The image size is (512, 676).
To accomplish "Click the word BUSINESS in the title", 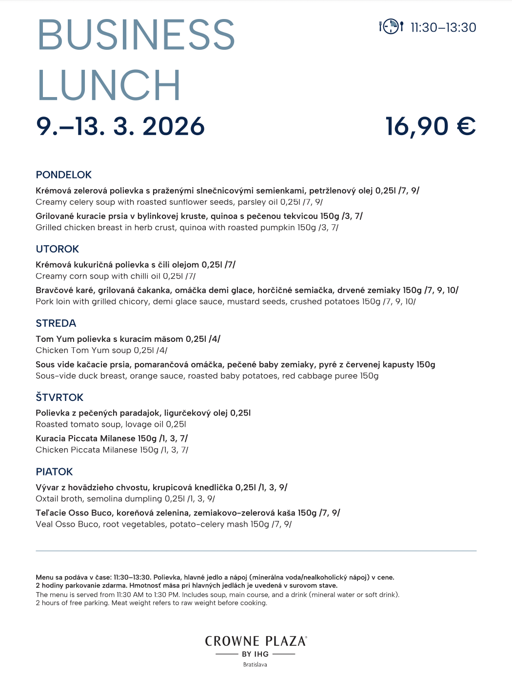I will (x=136, y=35).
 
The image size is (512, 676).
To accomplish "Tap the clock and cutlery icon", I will (x=391, y=26).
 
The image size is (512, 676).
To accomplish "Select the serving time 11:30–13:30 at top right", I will (x=443, y=28).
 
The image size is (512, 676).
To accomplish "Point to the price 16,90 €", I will (x=431, y=126).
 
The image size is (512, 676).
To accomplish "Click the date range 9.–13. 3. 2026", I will (x=120, y=126).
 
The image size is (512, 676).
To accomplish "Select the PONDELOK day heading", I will (x=64, y=175).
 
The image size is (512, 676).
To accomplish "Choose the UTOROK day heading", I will (x=58, y=249).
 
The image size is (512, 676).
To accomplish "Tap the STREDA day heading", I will (x=56, y=323).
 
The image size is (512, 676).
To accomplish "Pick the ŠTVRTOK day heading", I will (x=59, y=397).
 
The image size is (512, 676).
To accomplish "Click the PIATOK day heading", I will (x=54, y=472).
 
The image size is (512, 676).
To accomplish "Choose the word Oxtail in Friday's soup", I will (x=48, y=498).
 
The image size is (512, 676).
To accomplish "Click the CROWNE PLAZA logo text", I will (x=256, y=641).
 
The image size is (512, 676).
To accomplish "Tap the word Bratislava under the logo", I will (x=255, y=664).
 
